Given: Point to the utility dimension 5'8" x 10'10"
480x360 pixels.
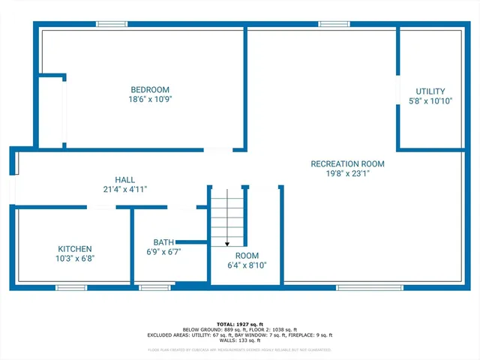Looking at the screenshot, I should pos(430,100).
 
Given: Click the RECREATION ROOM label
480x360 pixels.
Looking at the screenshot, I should pos(348,163).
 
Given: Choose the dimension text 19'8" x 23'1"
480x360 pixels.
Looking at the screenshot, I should pos(348,173).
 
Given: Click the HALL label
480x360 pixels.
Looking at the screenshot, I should pos(125,180).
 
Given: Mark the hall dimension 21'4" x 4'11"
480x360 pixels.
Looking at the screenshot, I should pos(125,190).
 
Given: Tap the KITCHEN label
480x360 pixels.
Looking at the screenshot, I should pos(75,249).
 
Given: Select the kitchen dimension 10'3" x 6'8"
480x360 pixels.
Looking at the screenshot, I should pos(75,259).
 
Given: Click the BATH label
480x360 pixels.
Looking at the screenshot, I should pos(163,242).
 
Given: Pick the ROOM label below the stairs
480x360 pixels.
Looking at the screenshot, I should pos(247,256).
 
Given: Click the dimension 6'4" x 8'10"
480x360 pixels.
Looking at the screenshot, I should pos(247,265).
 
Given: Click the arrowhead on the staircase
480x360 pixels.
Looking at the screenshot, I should pos(227,243).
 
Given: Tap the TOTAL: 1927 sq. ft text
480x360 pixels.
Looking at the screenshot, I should pos(240,323).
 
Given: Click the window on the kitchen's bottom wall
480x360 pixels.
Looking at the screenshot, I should pos(72,287).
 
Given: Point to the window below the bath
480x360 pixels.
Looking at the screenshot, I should pos(155,287).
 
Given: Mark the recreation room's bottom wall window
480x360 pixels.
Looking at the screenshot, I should pos(359,287).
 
